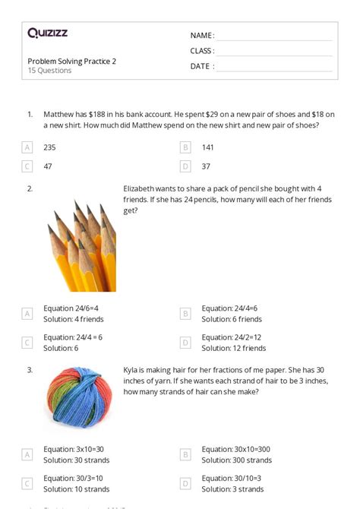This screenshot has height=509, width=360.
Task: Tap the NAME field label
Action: tap(202, 36)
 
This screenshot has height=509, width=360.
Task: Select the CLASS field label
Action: tap(202, 51)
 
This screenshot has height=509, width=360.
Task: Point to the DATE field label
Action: tap(202, 66)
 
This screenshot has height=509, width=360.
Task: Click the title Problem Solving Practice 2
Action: tap(72, 61)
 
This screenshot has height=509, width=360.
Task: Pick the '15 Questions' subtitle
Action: tap(50, 71)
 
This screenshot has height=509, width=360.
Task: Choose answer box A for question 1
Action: tap(27, 147)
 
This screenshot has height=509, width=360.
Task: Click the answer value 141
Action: tap(208, 147)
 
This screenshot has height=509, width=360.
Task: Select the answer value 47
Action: tap(49, 166)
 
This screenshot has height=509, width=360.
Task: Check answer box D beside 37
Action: tap(185, 166)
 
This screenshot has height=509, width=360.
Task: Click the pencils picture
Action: tap(81, 245)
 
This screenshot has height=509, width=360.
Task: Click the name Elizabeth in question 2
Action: tap(140, 188)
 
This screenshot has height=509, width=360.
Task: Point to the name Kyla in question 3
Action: tap(131, 370)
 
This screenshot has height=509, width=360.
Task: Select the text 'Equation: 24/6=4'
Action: tap(71, 308)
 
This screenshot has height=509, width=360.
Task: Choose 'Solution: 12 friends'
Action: tap(234, 348)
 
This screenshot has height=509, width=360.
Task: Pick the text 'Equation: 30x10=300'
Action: tap(237, 449)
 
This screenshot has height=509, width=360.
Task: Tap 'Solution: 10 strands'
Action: tap(76, 488)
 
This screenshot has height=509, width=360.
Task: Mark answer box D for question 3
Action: tap(185, 483)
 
